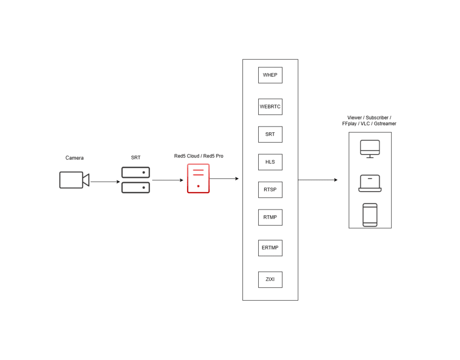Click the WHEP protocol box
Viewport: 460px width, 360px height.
[x=270, y=75]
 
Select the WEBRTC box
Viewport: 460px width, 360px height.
[x=270, y=107]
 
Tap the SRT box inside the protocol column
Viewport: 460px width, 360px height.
[x=270, y=134]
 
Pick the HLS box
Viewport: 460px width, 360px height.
[x=270, y=162]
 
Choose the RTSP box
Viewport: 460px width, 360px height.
[x=270, y=189]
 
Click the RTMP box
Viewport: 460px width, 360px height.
[x=270, y=217]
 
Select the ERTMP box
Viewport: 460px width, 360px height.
[x=270, y=248]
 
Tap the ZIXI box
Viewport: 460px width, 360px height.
[x=270, y=279]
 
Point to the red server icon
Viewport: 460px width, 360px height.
[x=198, y=179]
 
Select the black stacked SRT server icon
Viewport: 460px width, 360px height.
[x=135, y=180]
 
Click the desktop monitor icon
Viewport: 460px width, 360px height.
[x=370, y=149]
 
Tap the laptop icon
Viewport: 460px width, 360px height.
[x=370, y=183]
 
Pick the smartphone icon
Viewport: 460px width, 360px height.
[x=370, y=215]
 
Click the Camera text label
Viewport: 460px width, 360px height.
[x=75, y=158]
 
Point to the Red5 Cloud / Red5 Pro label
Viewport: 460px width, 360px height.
[x=199, y=156]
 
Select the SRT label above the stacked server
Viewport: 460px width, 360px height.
[x=136, y=158]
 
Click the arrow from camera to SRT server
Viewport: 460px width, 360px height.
[x=105, y=182]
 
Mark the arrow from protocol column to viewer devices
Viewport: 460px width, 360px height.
[x=317, y=180]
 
